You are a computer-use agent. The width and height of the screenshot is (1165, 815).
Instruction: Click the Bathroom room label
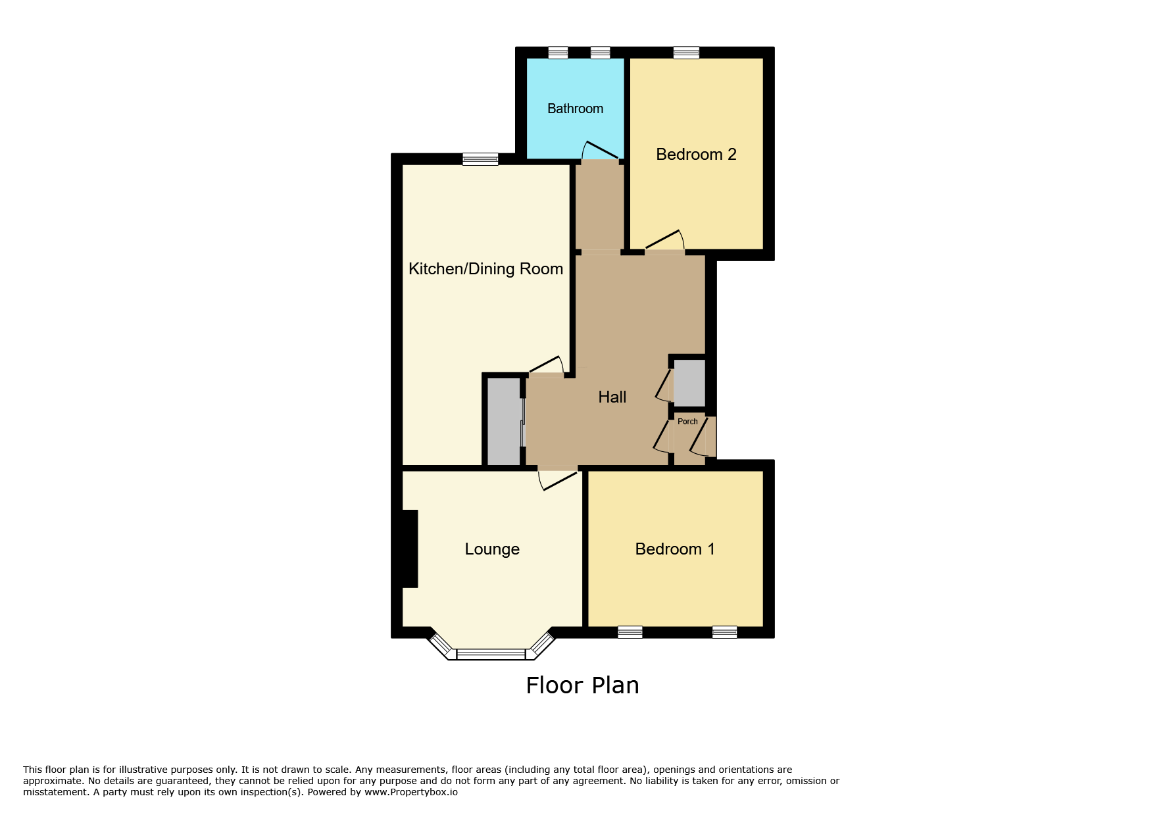point(575,109)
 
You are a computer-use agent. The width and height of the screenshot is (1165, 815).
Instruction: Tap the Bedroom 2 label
point(696,155)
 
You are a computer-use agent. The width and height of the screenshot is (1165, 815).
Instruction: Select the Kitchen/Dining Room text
point(485,269)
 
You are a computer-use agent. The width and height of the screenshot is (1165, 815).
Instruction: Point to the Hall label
point(612,397)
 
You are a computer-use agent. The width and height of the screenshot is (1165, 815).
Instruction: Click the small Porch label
point(687,422)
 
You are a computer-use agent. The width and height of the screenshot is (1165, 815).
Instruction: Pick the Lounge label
point(492,549)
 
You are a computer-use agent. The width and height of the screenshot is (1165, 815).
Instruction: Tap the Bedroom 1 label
point(675,549)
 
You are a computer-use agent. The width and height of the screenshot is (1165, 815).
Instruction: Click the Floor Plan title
point(582,685)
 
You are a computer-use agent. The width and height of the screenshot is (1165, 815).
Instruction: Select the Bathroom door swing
point(599,150)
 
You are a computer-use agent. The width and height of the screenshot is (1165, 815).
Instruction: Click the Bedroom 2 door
point(664,240)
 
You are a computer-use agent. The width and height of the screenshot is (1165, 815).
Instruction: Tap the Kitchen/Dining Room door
point(547,365)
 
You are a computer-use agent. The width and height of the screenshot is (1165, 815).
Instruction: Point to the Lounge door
point(558,481)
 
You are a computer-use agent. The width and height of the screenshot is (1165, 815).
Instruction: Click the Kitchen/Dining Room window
point(480,159)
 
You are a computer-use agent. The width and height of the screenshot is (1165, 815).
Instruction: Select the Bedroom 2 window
point(686,53)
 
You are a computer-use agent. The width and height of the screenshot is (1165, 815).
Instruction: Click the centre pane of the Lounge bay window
point(491,654)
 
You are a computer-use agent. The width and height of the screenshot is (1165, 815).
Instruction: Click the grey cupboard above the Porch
point(689,383)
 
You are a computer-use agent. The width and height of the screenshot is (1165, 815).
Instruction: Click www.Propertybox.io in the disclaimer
point(411,792)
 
